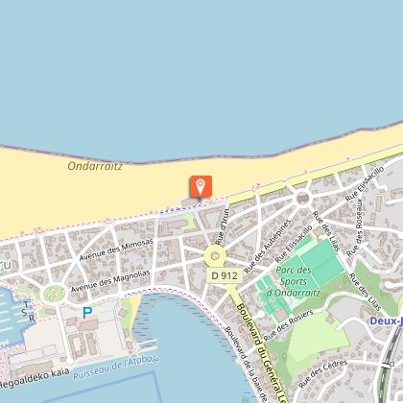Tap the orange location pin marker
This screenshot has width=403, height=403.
(x=201, y=186)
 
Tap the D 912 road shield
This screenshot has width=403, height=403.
(x=223, y=275)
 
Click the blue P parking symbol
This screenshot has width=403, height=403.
(x=87, y=312)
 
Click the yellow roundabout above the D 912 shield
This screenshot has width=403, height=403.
(x=213, y=255)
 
